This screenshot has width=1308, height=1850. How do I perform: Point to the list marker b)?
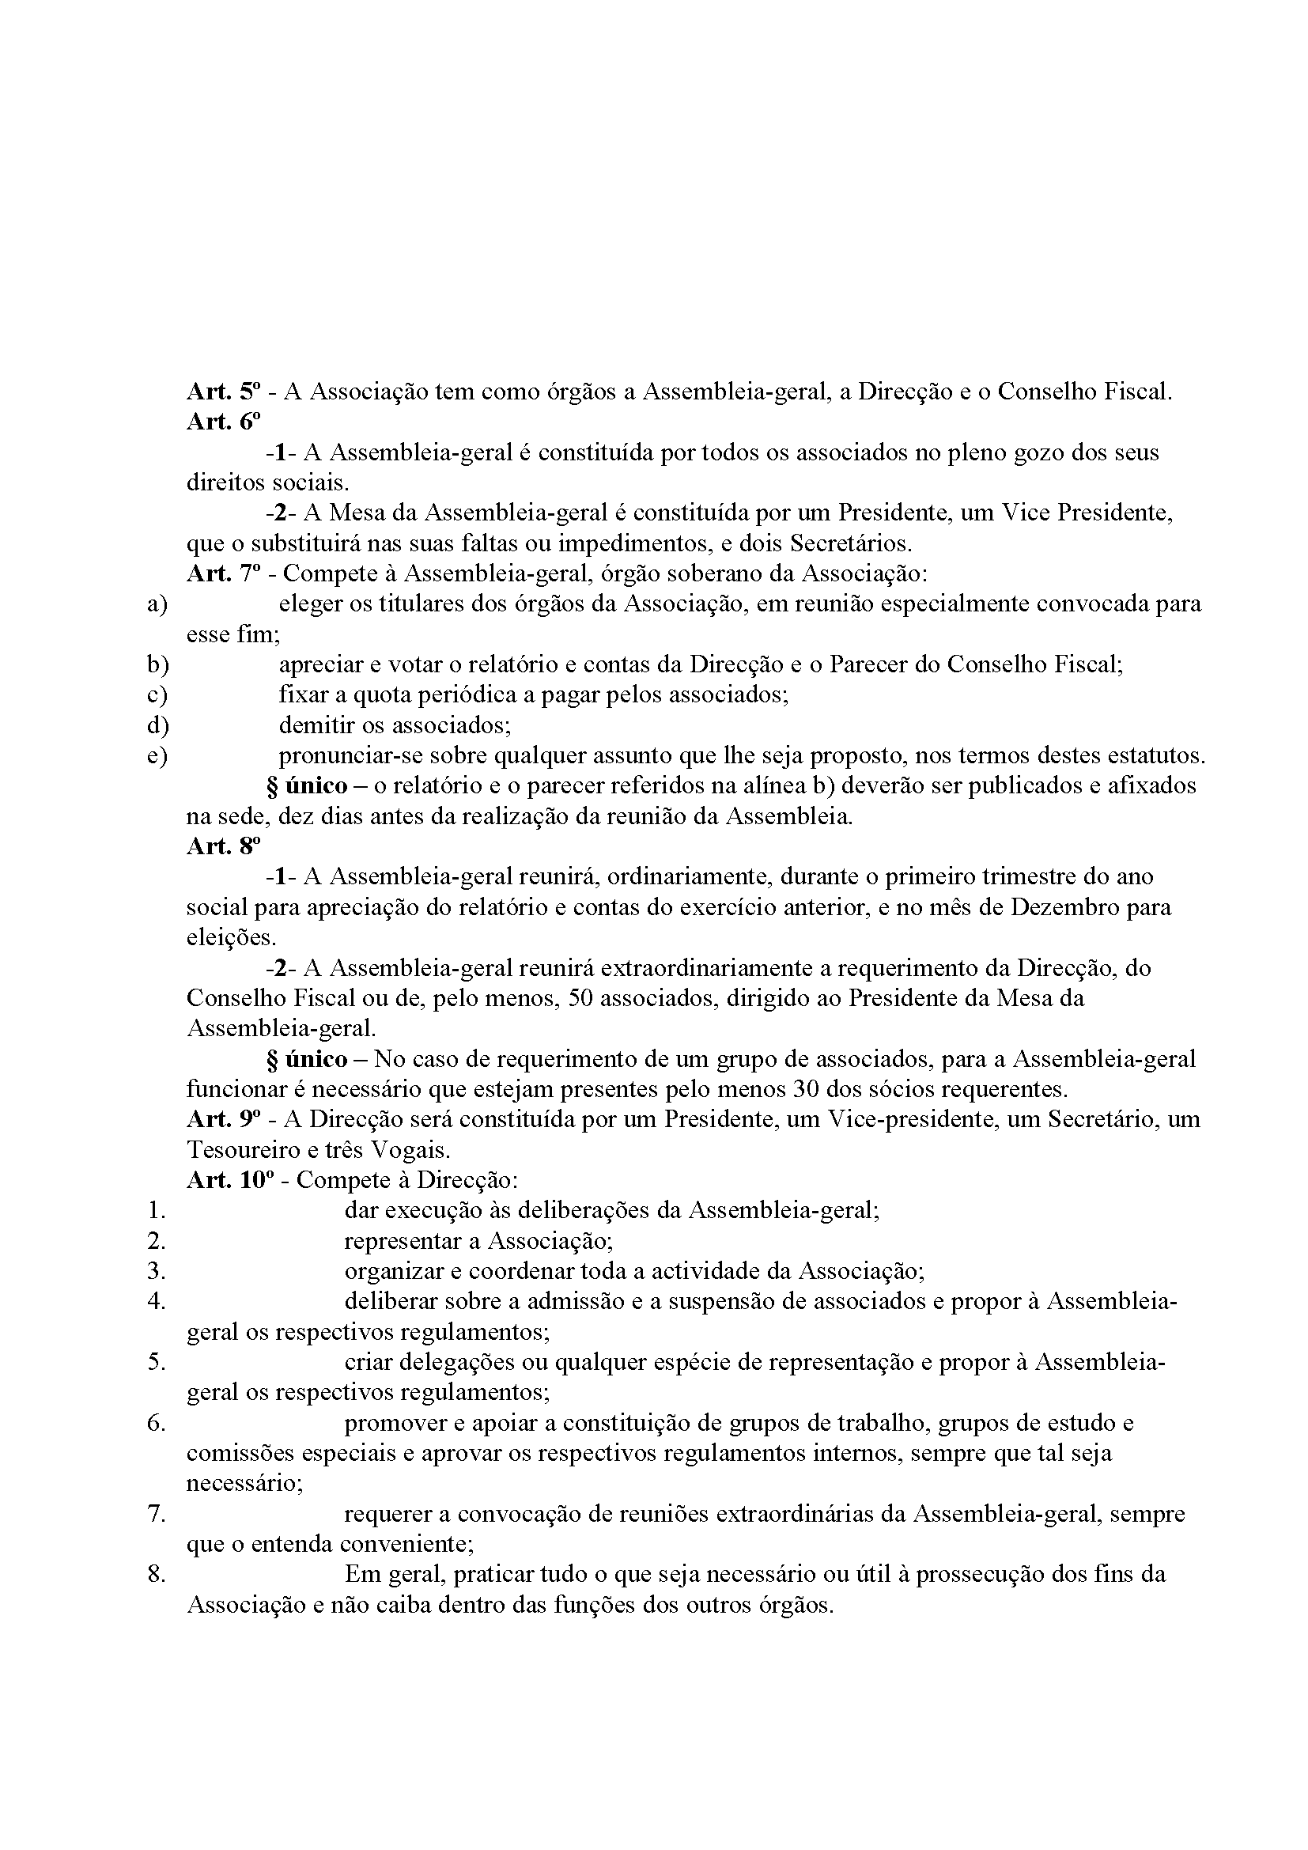157,664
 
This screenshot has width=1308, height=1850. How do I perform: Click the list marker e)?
157,756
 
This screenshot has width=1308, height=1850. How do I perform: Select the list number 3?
157,1271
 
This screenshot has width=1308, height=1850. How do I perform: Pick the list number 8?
157,1574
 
